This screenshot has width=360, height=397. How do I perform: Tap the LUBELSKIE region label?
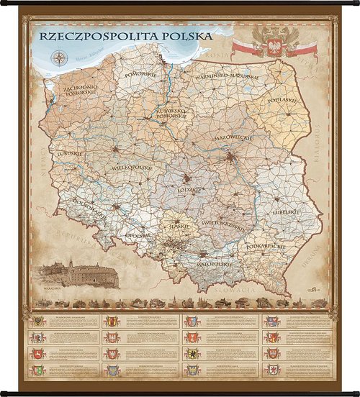click(286, 213)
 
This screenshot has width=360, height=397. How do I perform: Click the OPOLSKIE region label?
click(138, 235)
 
